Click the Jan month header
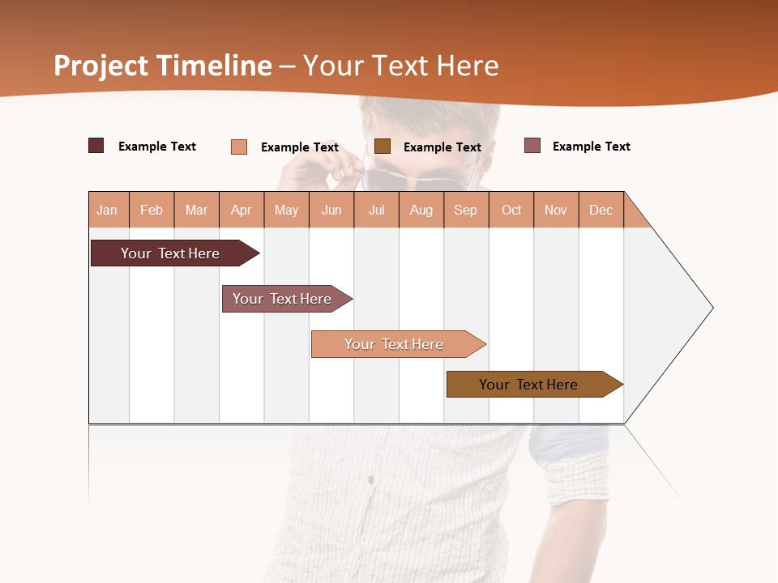[108, 210]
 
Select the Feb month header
[152, 210]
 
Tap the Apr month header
[242, 210]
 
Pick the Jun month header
[331, 210]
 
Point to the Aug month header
[421, 210]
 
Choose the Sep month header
[466, 210]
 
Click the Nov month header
[556, 210]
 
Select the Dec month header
[601, 210]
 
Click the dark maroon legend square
[96, 146]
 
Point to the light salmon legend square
[239, 147]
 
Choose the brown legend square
[383, 146]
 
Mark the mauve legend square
[532, 146]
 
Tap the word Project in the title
[101, 66]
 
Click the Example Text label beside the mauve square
[591, 147]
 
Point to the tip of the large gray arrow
[711, 308]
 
